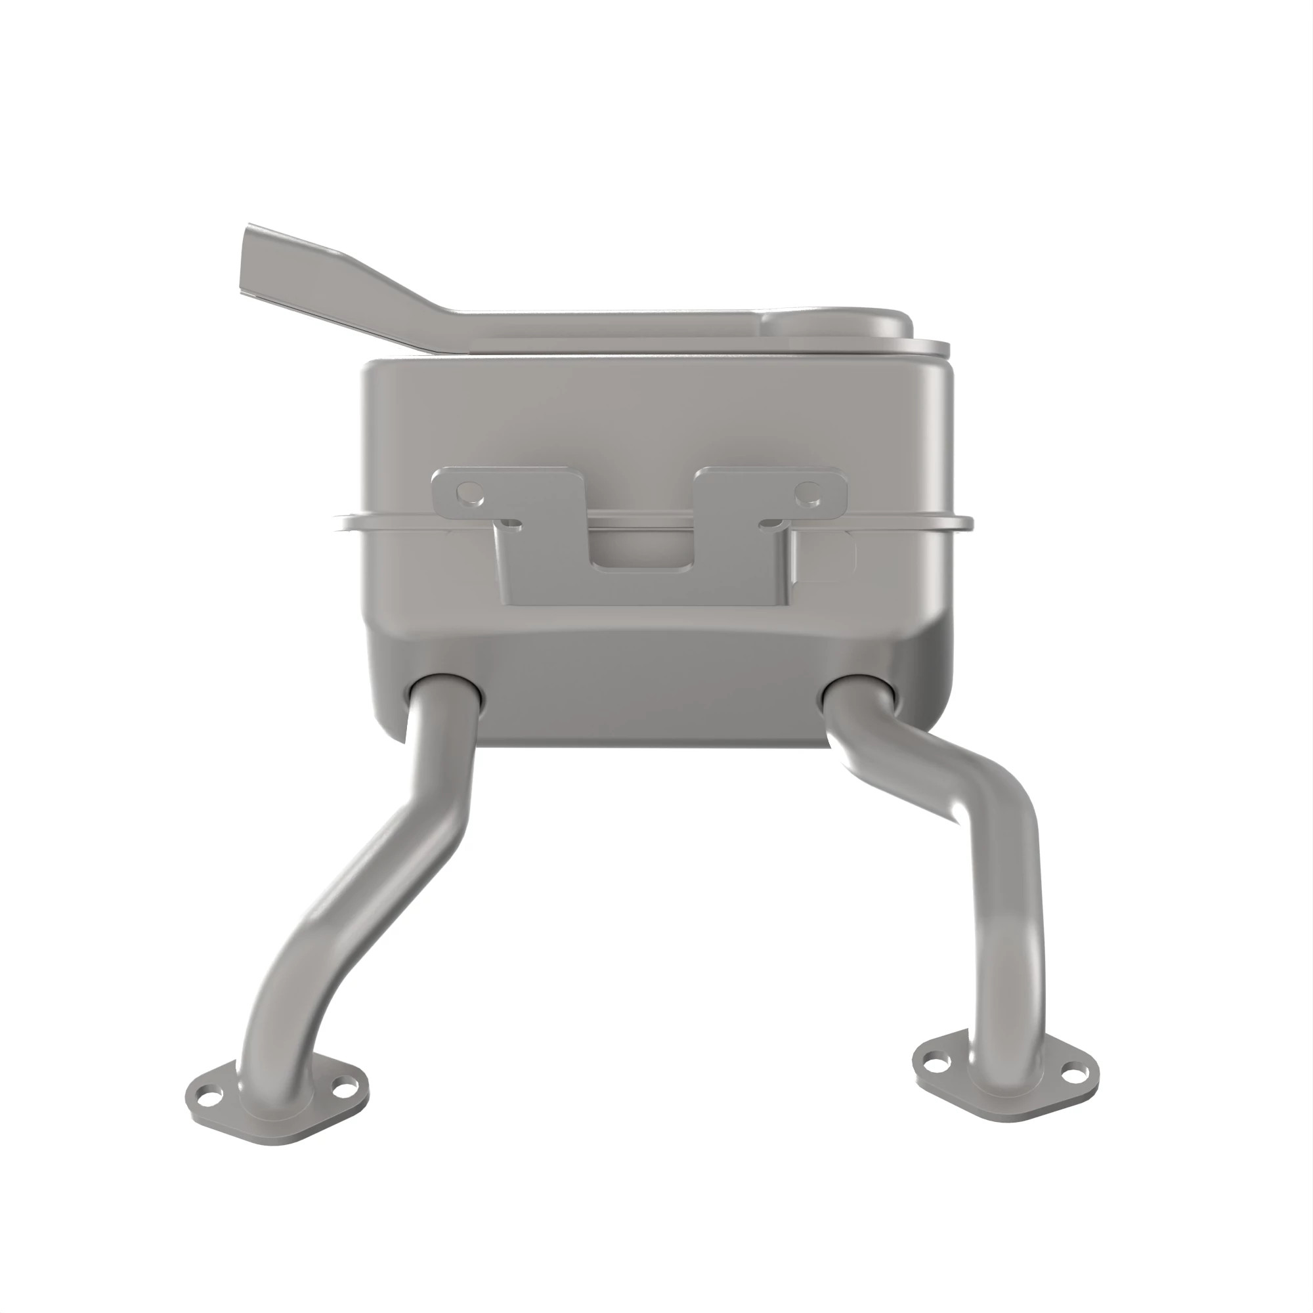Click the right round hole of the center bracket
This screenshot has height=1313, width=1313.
point(808,491)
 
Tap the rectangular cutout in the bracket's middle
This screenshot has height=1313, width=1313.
point(642,551)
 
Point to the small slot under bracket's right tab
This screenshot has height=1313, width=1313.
point(771,524)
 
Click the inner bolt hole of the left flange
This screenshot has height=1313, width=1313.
point(347,1087)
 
